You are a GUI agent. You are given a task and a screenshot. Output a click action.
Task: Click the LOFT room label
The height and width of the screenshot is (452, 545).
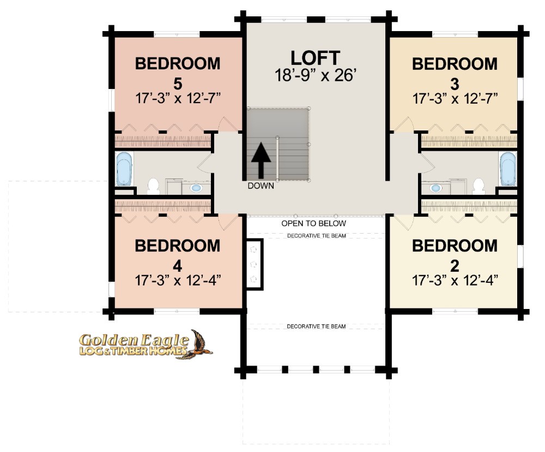coord(315,58)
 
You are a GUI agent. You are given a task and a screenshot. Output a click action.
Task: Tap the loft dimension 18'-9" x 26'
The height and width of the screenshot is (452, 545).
coord(315,75)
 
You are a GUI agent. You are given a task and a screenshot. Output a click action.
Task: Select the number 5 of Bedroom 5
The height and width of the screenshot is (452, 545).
coord(178,84)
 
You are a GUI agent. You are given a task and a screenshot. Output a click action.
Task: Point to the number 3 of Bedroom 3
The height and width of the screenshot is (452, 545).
coord(455,85)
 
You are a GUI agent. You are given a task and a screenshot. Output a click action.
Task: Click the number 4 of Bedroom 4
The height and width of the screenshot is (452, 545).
coord(177,266)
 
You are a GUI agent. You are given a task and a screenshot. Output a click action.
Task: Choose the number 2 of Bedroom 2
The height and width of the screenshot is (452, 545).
coord(455,266)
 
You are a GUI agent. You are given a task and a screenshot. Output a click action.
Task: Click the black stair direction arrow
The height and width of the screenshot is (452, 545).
coord(261,160)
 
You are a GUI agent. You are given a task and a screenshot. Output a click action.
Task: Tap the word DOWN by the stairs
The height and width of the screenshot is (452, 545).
coord(261,186)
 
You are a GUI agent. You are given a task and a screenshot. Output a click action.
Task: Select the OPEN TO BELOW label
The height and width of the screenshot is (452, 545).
coord(313,223)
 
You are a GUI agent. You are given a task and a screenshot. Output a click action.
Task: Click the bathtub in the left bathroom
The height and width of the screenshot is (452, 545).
coord(124,169)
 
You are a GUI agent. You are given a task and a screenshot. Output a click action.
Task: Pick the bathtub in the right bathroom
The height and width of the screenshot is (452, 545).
coord(508,169)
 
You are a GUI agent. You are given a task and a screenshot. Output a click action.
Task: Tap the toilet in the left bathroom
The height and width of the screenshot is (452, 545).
coord(153,186)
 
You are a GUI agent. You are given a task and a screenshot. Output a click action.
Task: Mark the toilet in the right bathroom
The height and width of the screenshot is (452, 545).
coord(479,186)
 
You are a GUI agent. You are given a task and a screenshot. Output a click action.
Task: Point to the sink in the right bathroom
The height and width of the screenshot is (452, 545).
coord(435,188)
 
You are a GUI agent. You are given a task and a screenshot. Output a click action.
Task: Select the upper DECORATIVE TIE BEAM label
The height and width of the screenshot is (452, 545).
coord(316,236)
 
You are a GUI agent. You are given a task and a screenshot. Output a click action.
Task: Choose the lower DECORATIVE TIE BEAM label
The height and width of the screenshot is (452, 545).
coord(316,326)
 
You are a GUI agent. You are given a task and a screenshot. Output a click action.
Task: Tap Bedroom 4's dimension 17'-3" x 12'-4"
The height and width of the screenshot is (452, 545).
coord(178,281)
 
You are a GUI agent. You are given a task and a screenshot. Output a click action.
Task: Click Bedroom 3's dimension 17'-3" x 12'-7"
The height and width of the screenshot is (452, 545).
coord(455,99)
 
